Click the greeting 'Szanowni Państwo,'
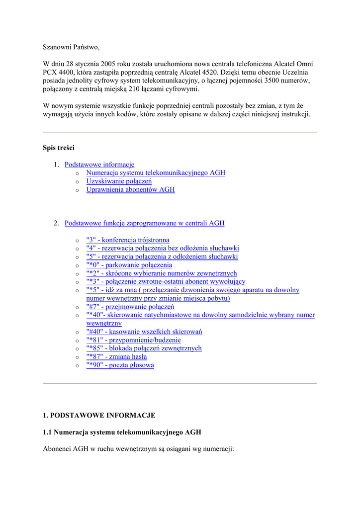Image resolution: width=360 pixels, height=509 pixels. (x=71, y=47)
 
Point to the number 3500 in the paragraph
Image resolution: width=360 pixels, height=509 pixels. (x=274, y=81)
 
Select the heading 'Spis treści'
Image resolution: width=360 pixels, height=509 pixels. (x=59, y=148)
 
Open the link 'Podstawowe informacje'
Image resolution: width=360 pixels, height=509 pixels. (x=99, y=165)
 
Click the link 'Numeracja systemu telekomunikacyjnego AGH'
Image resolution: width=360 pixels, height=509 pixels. (x=156, y=173)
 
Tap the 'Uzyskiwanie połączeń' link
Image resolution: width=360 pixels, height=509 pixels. (x=119, y=181)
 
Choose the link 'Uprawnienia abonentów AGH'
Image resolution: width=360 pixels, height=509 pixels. (x=130, y=189)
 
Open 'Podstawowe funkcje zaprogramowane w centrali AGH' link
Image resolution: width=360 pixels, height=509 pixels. (x=144, y=223)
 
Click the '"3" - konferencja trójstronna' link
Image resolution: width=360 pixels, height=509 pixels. (x=128, y=240)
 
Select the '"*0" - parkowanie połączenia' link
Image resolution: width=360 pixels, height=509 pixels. (x=129, y=265)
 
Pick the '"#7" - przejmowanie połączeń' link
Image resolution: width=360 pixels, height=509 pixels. (x=130, y=307)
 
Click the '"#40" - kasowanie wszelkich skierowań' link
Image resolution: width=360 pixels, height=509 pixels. (x=144, y=332)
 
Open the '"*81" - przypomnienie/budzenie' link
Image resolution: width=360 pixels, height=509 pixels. (x=133, y=340)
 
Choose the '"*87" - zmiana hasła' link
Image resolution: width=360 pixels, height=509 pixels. (x=116, y=356)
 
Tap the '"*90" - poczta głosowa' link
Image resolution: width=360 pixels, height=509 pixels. (x=120, y=365)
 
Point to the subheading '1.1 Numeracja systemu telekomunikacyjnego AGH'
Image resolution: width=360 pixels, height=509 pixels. (x=122, y=432)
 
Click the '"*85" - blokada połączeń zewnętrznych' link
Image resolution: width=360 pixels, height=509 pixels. (x=144, y=348)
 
